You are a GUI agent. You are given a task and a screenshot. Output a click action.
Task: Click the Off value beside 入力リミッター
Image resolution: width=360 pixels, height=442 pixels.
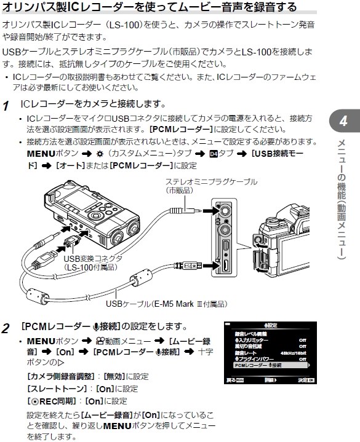point(302,339)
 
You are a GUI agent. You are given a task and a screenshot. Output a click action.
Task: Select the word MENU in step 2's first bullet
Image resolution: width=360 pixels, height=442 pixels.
point(41,340)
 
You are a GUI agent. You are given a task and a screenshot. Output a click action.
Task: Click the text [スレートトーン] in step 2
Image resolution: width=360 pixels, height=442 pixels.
point(49,389)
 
